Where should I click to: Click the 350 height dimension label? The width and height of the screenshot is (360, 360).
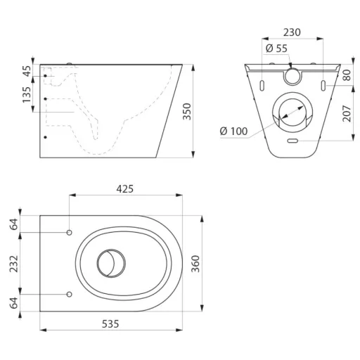click(x=187, y=111)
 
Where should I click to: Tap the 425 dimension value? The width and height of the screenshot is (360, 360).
click(x=125, y=189)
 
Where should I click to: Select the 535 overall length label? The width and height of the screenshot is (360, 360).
click(x=110, y=324)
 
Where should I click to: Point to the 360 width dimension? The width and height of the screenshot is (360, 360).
click(x=195, y=264)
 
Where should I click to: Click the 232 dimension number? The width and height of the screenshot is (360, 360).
click(x=14, y=264)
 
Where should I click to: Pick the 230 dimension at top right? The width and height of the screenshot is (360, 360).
click(x=292, y=32)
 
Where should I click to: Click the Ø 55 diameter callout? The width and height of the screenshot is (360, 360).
click(x=276, y=49)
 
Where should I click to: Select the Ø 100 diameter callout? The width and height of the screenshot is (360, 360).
click(x=233, y=131)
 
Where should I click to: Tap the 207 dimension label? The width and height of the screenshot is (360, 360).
click(x=347, y=113)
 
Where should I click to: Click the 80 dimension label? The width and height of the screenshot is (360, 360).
click(x=347, y=75)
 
